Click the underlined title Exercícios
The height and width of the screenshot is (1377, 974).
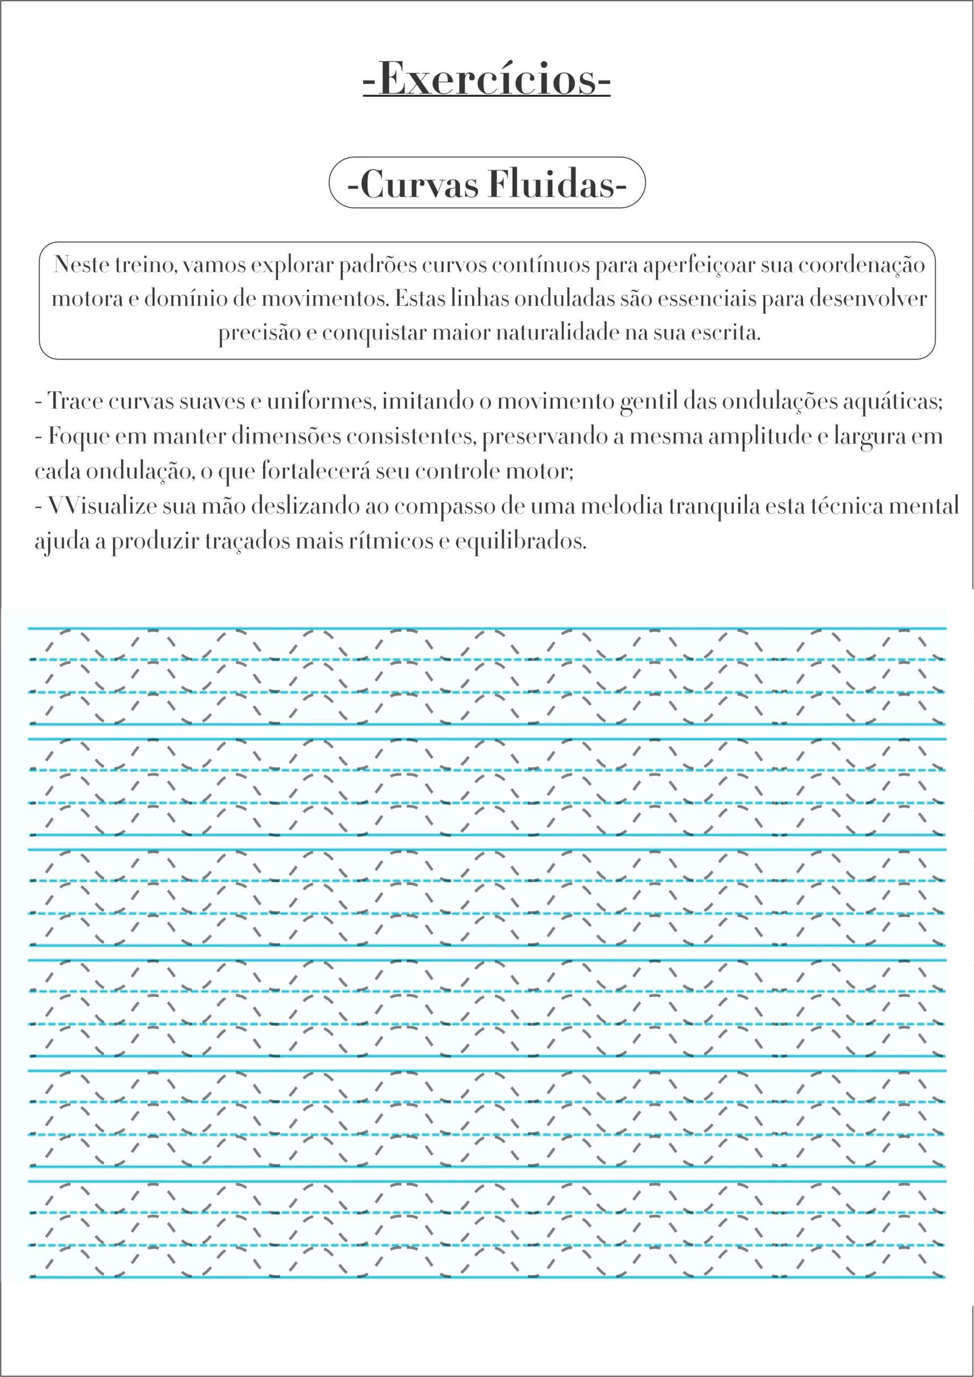click(x=486, y=79)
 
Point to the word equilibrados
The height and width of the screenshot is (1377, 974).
click(x=520, y=541)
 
